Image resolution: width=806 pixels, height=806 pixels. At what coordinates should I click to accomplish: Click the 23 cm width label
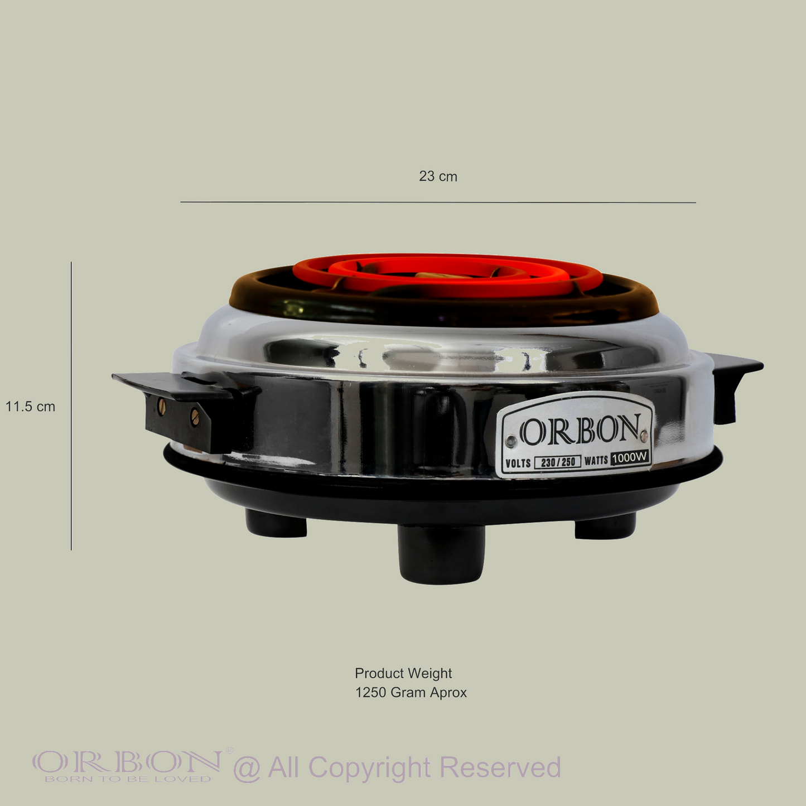[x=438, y=176]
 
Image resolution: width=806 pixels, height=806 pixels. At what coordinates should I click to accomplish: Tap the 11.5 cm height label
[x=30, y=407]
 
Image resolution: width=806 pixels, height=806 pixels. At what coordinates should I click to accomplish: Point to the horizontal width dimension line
[x=438, y=202]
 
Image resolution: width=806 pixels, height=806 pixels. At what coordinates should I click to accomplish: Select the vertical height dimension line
[x=71, y=406]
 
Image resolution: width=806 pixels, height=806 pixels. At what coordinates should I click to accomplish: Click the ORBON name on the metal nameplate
[x=580, y=430]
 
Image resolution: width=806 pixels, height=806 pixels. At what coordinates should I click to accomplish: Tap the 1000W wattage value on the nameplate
[x=630, y=458]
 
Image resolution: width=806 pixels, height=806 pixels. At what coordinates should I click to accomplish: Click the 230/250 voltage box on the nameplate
[x=557, y=462]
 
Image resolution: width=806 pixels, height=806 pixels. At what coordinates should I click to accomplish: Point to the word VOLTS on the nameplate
[x=518, y=464]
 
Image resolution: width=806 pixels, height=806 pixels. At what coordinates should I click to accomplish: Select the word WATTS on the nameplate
[x=596, y=461]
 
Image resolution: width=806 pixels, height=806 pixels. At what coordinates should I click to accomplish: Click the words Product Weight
[x=403, y=673]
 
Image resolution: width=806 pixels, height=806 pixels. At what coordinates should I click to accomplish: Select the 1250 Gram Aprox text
[x=411, y=693]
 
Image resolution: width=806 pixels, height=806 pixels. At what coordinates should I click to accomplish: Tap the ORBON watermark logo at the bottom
[x=127, y=765]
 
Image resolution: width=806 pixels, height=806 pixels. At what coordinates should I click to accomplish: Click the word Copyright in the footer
[x=369, y=768]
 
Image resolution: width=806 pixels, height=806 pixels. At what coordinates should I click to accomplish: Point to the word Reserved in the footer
[x=500, y=768]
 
